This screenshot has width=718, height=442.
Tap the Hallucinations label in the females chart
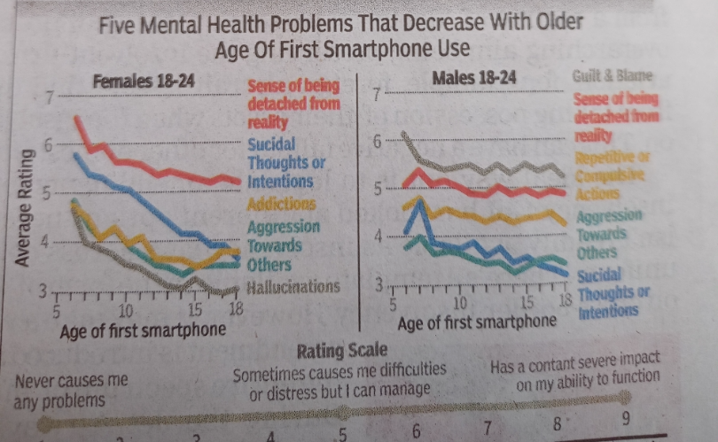293,286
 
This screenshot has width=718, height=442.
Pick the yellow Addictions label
281,205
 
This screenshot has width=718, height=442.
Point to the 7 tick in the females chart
51,97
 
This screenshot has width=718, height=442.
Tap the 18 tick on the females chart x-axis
234,310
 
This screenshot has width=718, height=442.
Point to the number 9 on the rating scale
628,418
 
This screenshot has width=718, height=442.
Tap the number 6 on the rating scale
416,430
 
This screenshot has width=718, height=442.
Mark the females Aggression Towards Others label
282,245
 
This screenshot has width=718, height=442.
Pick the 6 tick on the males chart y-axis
377,140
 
